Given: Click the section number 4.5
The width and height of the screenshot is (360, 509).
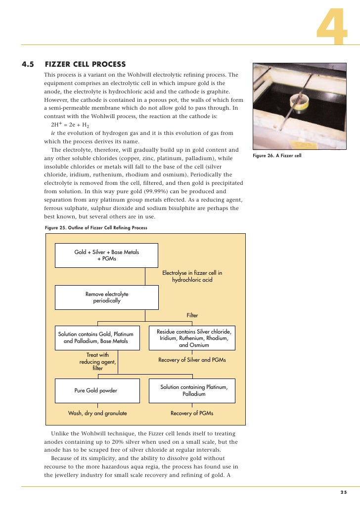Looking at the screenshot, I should [28, 64].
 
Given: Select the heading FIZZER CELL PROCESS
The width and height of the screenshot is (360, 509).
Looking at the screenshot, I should [85, 64].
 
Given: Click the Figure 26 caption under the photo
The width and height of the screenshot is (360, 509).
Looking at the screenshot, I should [276, 156].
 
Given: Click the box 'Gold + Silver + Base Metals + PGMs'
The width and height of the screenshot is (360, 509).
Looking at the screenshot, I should [106, 255].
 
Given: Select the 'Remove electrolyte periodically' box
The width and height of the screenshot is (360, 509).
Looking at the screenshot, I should [106, 297].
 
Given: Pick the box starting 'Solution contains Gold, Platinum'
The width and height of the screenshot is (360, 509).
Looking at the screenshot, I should [96, 338].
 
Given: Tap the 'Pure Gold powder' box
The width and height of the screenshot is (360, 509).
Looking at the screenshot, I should [96, 390].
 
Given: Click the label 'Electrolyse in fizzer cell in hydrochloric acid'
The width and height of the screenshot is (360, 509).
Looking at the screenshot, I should [192, 276].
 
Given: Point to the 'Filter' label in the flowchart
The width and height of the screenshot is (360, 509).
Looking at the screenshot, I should [192, 315].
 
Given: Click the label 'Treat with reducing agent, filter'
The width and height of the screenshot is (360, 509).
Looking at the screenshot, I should [98, 361].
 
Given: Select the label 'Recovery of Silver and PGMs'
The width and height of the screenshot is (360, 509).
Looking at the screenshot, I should [192, 360].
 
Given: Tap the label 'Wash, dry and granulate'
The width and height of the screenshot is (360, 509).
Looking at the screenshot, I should [97, 413].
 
